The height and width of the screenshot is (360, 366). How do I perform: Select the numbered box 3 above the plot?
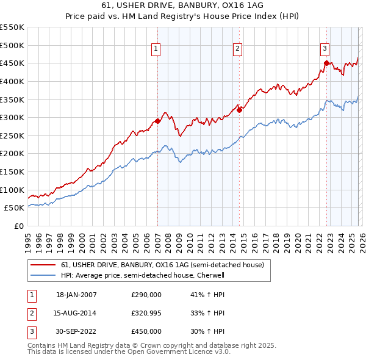325,49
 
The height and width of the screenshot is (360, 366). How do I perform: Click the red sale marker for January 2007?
157,121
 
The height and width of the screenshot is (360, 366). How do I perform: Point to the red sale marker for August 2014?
239,110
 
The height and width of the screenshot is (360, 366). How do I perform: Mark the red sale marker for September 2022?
326,63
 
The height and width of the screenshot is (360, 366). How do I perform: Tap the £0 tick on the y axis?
18,226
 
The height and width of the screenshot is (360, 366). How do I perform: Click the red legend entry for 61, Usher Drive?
162,265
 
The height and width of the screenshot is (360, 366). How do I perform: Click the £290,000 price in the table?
146,295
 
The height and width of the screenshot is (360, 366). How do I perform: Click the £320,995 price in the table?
146,313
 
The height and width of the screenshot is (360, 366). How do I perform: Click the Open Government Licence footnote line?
129,352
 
